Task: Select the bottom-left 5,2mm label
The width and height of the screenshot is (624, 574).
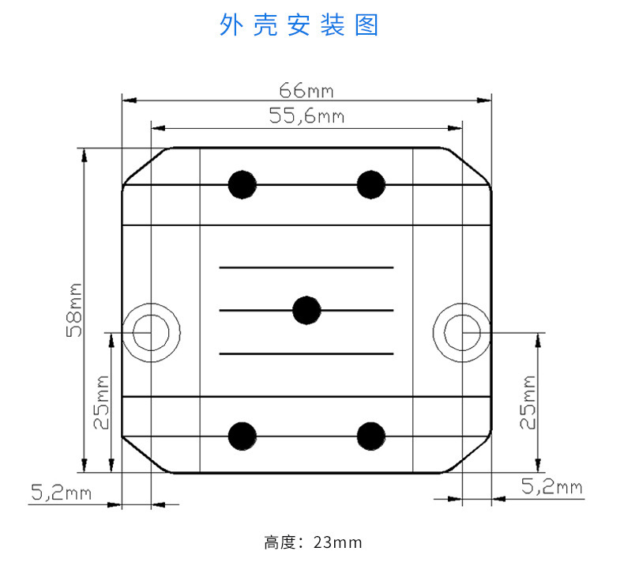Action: coord(61,493)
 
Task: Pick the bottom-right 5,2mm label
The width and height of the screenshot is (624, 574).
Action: coord(552,486)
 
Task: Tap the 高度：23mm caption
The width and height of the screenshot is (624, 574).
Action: coord(313,542)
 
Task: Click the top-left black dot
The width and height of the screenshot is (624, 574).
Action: coord(242,184)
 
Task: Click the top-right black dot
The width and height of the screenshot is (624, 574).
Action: coord(370,184)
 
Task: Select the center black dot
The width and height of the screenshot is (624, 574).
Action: coord(306,310)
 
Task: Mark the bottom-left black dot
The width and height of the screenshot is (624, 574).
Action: coord(242,436)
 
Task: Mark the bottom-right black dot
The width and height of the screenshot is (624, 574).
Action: coord(370,436)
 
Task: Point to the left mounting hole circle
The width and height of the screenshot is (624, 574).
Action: coord(152,331)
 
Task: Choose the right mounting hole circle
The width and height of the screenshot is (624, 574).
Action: coord(461,331)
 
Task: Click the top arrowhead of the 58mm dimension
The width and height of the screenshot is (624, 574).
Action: coord(84,153)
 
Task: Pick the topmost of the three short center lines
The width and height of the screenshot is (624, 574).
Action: coord(306,268)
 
